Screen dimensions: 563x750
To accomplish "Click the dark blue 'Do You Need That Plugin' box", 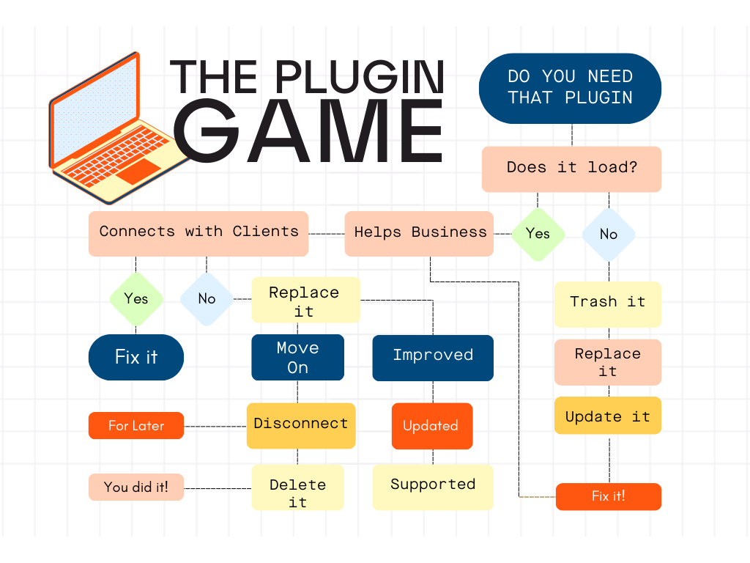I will click(570, 87).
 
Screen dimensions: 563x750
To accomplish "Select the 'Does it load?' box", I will click(571, 169).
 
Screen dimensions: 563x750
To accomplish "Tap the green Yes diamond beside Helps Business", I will click(538, 234).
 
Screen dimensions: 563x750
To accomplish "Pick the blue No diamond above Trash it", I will click(609, 235).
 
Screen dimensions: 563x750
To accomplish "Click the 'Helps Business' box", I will click(419, 233).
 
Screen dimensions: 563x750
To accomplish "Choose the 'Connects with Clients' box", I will click(198, 233).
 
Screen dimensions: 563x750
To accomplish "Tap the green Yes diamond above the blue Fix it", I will click(136, 299).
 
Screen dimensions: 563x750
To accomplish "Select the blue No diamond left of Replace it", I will click(207, 299).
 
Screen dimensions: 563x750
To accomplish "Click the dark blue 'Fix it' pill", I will click(136, 358).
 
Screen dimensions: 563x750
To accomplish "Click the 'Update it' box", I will click(607, 416).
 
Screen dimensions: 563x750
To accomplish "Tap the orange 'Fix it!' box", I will click(608, 496).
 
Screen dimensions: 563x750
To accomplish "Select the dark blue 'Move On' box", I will click(297, 358).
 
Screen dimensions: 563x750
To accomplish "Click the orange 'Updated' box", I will click(431, 426).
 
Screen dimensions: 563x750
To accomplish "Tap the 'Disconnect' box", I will click(301, 425).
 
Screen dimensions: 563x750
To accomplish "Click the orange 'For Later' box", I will click(136, 426).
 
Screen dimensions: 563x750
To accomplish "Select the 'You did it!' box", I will click(136, 487).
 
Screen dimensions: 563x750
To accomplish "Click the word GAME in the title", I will click(311, 132).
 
